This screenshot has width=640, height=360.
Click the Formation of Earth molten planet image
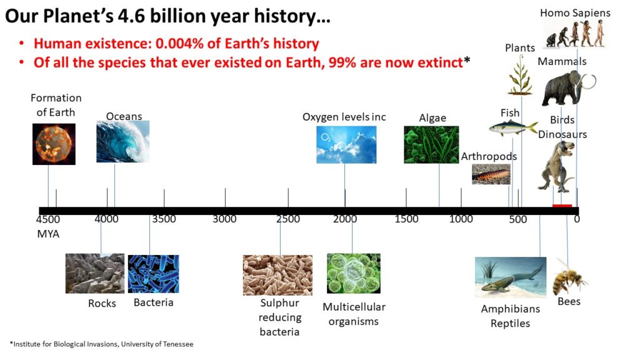[54, 144]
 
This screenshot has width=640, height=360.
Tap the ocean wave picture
[123, 141]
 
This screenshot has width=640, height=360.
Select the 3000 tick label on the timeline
[224, 219]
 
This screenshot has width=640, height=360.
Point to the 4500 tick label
[48, 219]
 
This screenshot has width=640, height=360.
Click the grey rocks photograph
[95, 274]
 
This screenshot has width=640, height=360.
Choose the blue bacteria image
[154, 274]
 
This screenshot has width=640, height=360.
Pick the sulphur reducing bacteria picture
[277, 275]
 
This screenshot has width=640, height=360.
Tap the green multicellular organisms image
[354, 274]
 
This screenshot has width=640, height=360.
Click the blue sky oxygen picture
[346, 144]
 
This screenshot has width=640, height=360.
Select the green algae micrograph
[431, 144]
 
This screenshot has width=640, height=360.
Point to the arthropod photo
[491, 174]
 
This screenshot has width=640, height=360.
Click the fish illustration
[513, 128]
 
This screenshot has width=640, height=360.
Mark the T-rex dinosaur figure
[557, 166]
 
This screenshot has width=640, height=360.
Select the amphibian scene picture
[511, 277]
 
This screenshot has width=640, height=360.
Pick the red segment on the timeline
[562, 206]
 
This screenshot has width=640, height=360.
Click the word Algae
[432, 118]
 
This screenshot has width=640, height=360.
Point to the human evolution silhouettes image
[575, 34]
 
